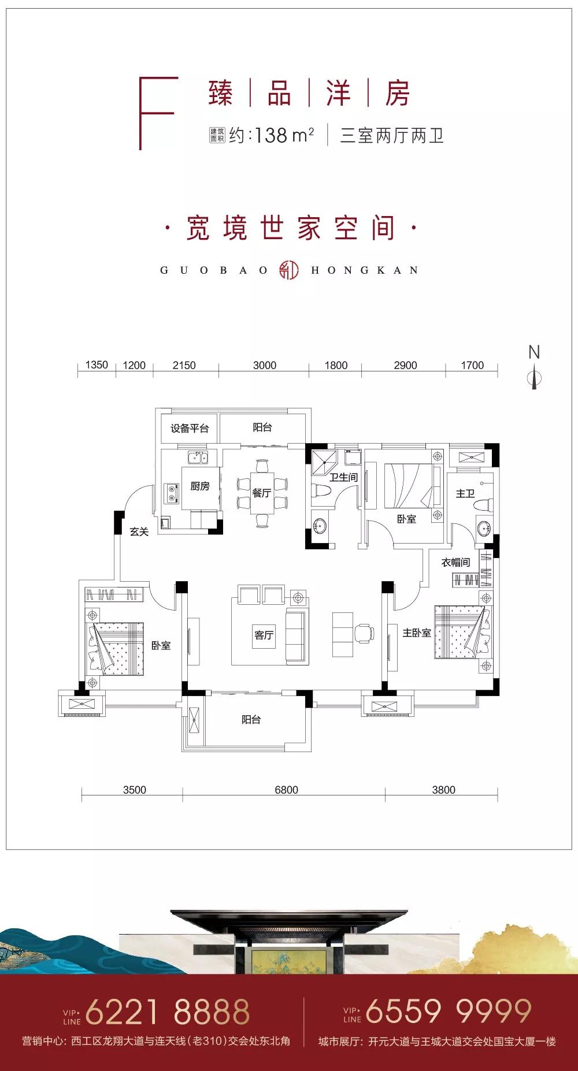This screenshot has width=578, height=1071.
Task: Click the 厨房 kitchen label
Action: point(200,486)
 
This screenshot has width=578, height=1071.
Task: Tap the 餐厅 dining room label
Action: point(261,493)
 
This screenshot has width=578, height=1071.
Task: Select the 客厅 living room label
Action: point(264,635)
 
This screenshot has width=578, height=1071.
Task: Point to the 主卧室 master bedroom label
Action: point(417,633)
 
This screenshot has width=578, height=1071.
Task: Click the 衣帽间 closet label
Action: point(455,562)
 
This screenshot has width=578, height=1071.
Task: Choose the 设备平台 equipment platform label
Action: point(189,428)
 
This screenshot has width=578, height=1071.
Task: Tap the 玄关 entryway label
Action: point(139,531)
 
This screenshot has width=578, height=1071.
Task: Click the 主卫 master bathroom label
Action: point(465,494)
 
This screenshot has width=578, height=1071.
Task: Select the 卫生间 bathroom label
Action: point(343,478)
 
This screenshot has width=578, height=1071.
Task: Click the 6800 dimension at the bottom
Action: point(286,790)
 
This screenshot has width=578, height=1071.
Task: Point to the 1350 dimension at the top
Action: point(97,365)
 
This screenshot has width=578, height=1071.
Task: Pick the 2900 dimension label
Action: point(405,365)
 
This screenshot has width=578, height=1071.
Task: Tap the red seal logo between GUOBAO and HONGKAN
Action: point(289,270)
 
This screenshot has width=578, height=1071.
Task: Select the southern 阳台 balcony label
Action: point(251,720)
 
